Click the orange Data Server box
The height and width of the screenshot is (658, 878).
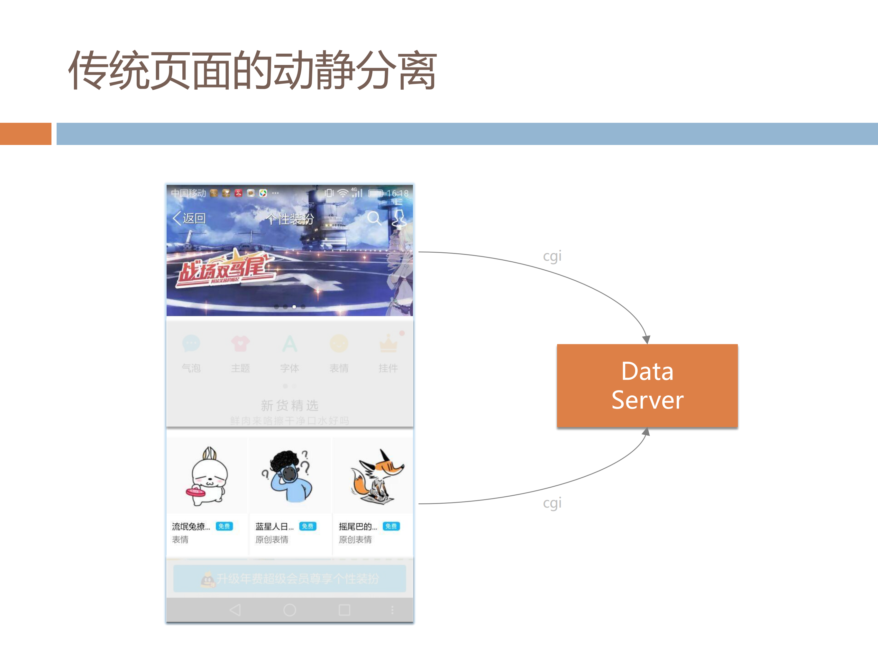[x=647, y=385]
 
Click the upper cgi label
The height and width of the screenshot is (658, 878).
[x=552, y=256]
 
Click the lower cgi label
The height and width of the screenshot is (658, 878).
[x=552, y=503]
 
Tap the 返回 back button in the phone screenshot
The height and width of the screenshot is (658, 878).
[x=189, y=218]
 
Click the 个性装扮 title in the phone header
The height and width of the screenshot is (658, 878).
[x=290, y=219]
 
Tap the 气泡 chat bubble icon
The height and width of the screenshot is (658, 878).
[x=191, y=344]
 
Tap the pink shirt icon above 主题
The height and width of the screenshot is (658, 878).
[x=240, y=344]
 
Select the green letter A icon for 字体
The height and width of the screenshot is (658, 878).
[x=289, y=344]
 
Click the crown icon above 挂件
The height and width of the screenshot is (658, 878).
[x=389, y=344]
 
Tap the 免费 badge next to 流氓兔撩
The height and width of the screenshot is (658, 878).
[x=224, y=526]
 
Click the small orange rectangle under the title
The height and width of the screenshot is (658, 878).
[x=25, y=134]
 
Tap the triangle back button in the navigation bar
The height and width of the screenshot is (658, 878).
[x=235, y=609]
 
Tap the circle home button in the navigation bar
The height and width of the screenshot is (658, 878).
[x=290, y=609]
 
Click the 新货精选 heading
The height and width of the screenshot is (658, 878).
[x=289, y=405]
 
